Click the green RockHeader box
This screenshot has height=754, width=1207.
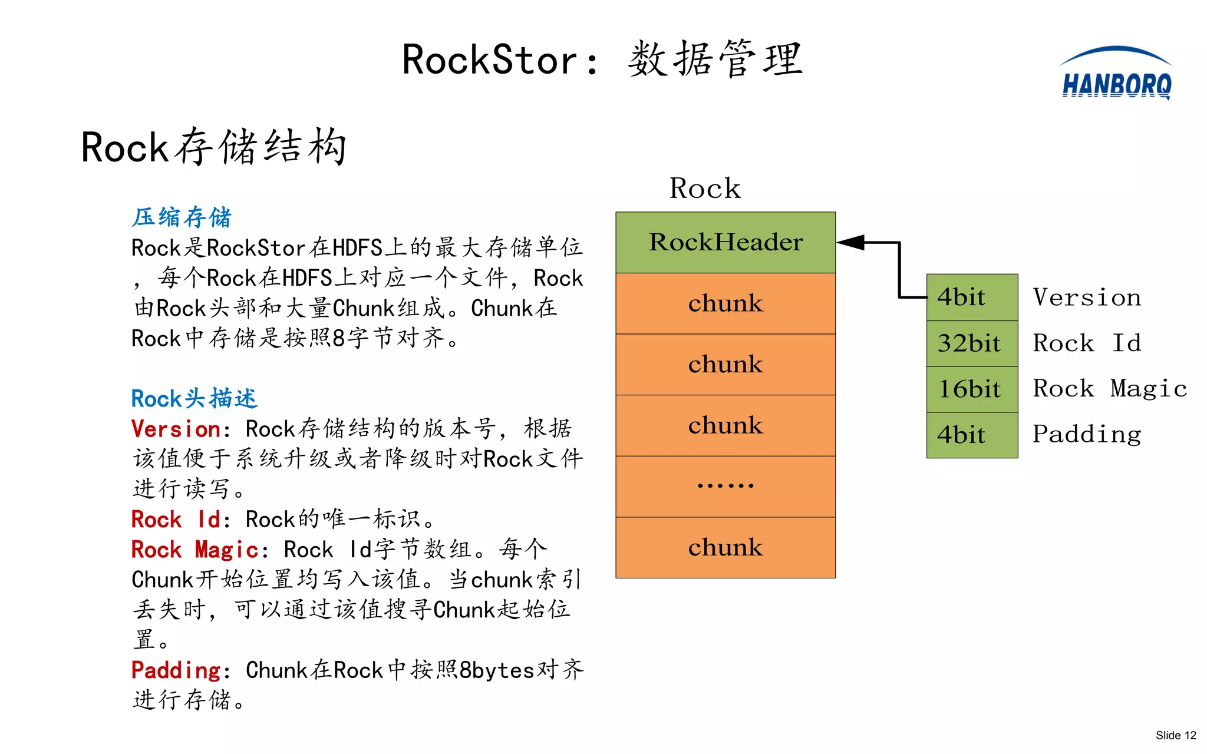point(725,242)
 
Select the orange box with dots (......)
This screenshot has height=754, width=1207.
point(725,486)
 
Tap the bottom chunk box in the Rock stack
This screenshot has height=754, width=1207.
point(725,547)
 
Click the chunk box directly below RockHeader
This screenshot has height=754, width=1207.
point(725,303)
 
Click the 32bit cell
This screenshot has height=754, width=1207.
point(971,343)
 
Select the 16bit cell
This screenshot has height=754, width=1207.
point(971,389)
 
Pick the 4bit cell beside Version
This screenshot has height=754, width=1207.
point(971,297)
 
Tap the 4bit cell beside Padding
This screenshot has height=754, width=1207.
point(971,435)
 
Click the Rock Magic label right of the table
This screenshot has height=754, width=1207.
point(1109,389)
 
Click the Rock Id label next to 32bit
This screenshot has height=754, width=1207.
point(1087,343)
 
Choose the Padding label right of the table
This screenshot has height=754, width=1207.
point(1087,435)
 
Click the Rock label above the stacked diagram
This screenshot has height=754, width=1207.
point(705,188)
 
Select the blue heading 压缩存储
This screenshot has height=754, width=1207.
point(182,217)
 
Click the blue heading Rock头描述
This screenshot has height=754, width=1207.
point(194,399)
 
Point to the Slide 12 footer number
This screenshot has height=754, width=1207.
point(1175,735)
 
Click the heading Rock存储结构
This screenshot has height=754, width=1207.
point(213,147)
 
